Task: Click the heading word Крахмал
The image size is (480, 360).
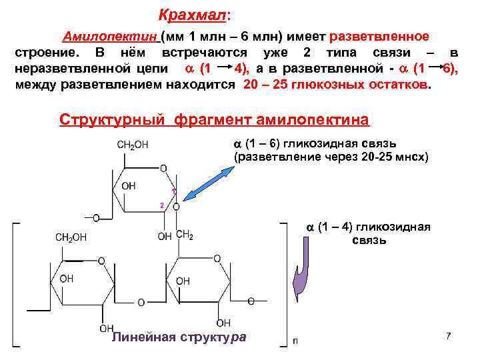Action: coord(192,14)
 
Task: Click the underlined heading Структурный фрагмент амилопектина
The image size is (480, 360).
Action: coord(213,120)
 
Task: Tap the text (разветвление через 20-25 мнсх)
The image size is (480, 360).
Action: coord(331,157)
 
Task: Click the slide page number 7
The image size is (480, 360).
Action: coord(449,336)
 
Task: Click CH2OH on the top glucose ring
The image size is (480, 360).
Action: coord(133,145)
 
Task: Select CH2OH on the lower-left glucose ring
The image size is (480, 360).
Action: coord(71,237)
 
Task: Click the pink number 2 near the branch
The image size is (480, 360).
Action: coord(162,204)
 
